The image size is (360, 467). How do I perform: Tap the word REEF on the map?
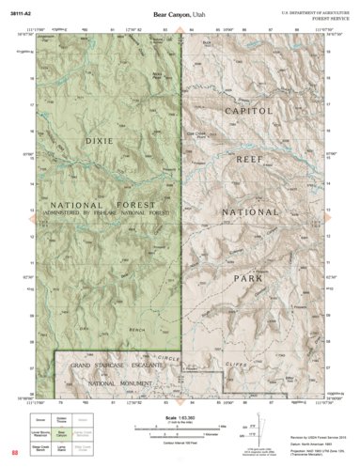pyautogui.click(x=253, y=161)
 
